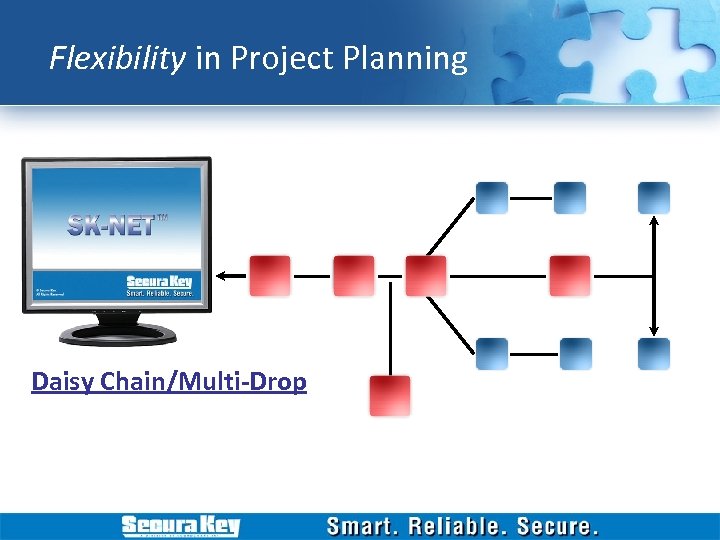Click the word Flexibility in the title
(x=117, y=59)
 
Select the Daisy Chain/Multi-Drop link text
(x=169, y=382)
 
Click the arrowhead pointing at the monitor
(x=224, y=275)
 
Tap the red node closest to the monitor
(x=269, y=275)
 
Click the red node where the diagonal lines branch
(x=426, y=275)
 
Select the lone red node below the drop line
(x=389, y=395)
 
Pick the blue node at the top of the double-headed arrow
(x=653, y=198)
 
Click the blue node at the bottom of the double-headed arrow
(x=653, y=353)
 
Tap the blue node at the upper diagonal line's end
(x=491, y=198)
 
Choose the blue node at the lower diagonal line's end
(x=491, y=353)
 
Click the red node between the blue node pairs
(x=569, y=275)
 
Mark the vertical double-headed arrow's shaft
(x=653, y=275)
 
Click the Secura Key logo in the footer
(x=180, y=526)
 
